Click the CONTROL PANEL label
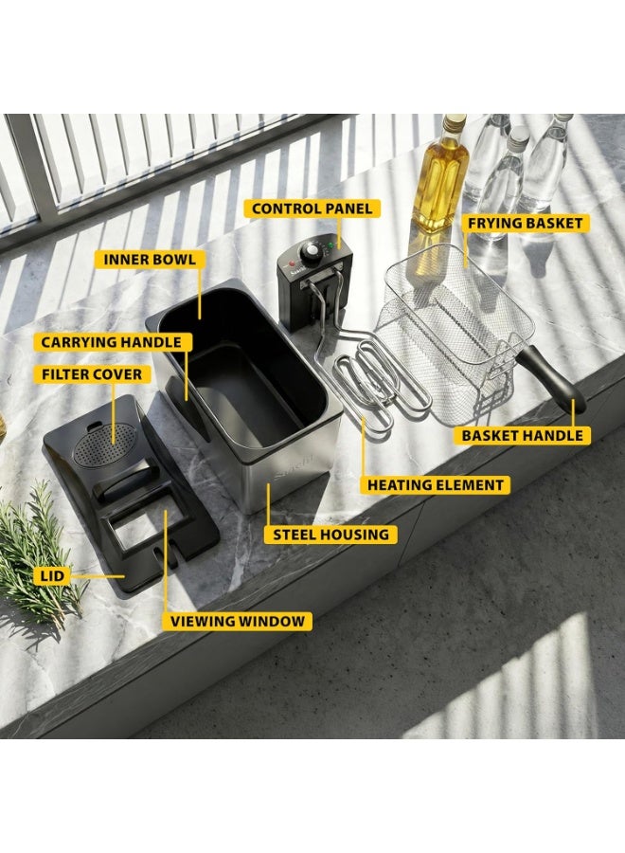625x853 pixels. click(312, 209)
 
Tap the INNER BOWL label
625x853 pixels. click(150, 259)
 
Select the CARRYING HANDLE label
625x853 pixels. click(112, 342)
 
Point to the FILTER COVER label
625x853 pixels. click(92, 374)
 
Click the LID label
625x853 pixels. click(52, 575)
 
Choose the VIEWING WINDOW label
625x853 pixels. click(238, 621)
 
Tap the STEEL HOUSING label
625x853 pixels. click(330, 535)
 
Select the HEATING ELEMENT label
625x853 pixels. click(436, 484)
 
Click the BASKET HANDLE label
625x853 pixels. click(522, 435)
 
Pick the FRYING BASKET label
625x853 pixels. click(525, 223)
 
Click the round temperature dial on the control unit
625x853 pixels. click(312, 251)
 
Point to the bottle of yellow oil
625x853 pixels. click(440, 174)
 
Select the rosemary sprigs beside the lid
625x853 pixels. click(35, 550)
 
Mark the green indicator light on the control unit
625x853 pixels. click(330, 245)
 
